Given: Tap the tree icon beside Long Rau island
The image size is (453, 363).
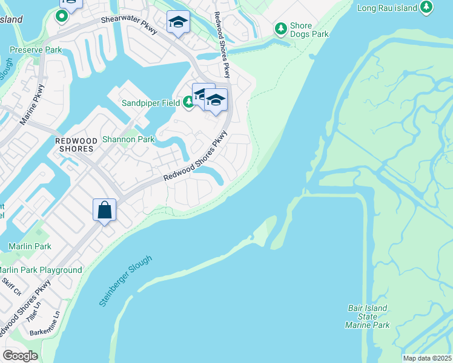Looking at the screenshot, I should [x=428, y=7].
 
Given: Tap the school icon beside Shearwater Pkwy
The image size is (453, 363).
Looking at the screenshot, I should [x=177, y=22].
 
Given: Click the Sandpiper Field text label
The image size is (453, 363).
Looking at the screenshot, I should [x=150, y=103].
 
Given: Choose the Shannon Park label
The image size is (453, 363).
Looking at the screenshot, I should [x=129, y=139].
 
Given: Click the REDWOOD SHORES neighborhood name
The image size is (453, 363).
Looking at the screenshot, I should [x=74, y=144].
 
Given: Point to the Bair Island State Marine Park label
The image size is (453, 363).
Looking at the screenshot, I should [x=367, y=316].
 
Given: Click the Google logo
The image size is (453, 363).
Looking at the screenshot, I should [x=20, y=355].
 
